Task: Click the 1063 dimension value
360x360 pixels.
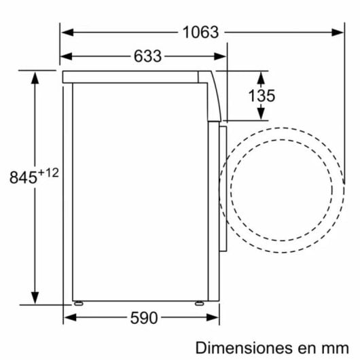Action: [201, 31]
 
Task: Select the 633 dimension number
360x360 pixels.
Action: [147, 56]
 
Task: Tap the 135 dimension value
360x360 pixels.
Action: [262, 95]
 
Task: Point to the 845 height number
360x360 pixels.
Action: [22, 179]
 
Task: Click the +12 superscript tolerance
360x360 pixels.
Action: [48, 173]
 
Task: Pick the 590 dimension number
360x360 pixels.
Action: [143, 317]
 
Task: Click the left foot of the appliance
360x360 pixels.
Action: [79, 303]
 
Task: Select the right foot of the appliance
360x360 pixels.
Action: [198, 303]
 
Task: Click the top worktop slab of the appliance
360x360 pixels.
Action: [136, 76]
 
